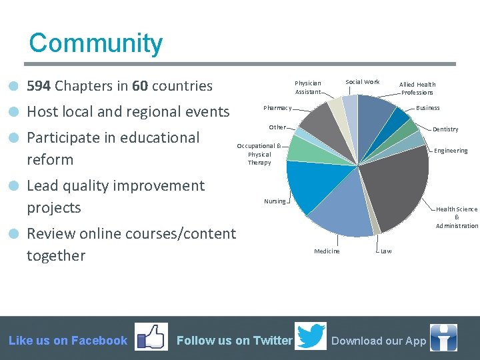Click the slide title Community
95,43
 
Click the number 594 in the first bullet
39,86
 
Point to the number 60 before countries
140,86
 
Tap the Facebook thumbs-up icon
151,337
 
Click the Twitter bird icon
311,337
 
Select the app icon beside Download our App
443,338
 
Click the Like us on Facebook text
68,341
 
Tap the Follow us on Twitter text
234,341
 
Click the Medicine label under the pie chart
327,251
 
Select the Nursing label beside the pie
274,201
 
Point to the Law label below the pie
386,251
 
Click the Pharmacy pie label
277,108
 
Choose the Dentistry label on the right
445,129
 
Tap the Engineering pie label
451,151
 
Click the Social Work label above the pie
362,82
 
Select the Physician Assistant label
307,87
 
